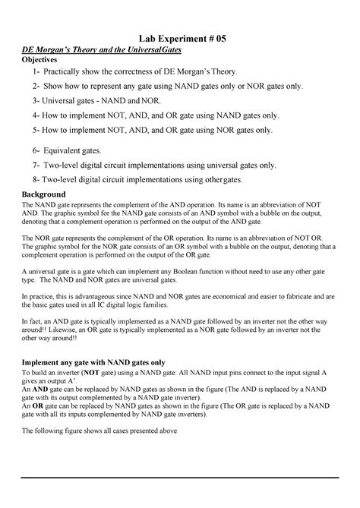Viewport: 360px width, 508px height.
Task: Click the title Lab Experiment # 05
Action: click(x=180, y=38)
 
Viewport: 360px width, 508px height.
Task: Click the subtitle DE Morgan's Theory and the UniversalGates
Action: click(x=106, y=51)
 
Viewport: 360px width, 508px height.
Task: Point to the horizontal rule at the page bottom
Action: click(x=180, y=478)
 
